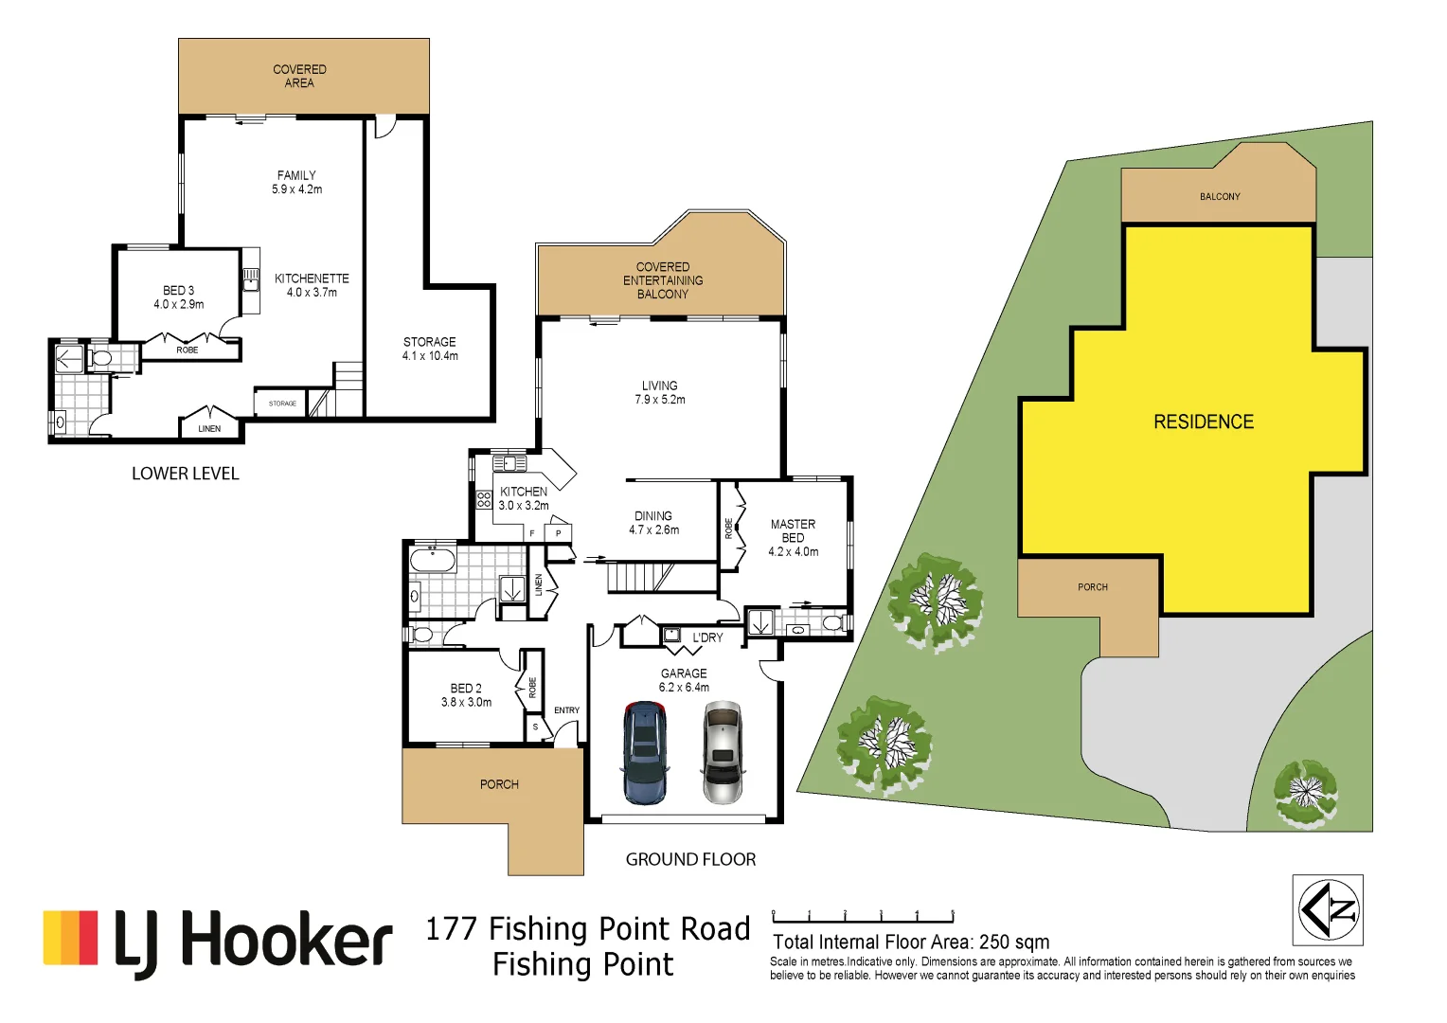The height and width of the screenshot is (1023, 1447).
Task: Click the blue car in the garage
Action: coord(645,752)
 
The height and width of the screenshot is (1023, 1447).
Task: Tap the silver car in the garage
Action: coord(723,752)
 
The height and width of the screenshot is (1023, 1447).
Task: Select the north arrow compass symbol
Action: coord(1328,909)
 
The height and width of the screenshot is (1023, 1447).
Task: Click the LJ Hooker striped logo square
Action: coord(71,938)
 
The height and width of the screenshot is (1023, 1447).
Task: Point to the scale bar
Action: coord(863,918)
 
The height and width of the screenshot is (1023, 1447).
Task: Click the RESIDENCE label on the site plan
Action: coord(1203,422)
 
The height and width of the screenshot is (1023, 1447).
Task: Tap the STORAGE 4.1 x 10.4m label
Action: coord(430,349)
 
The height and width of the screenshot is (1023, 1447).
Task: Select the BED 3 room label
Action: coord(178,297)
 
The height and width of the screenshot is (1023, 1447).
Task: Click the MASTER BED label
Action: coord(793,537)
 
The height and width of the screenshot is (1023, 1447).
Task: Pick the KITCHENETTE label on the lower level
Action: coord(312,285)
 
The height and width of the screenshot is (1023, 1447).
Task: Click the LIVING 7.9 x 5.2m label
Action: coord(659,392)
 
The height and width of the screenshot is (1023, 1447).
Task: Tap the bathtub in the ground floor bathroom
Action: coord(433,560)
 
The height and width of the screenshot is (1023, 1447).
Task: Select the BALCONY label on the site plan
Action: coord(1219,197)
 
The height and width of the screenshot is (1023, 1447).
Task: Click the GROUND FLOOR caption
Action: coord(690,859)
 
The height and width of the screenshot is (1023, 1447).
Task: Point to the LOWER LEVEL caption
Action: coord(186,474)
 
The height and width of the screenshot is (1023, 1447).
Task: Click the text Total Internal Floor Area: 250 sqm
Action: coord(911,942)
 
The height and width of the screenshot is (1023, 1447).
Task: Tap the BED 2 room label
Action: coord(466,695)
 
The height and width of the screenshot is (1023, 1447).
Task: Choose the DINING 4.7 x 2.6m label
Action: coord(653,523)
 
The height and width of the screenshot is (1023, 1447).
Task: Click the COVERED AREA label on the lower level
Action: coord(299,76)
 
